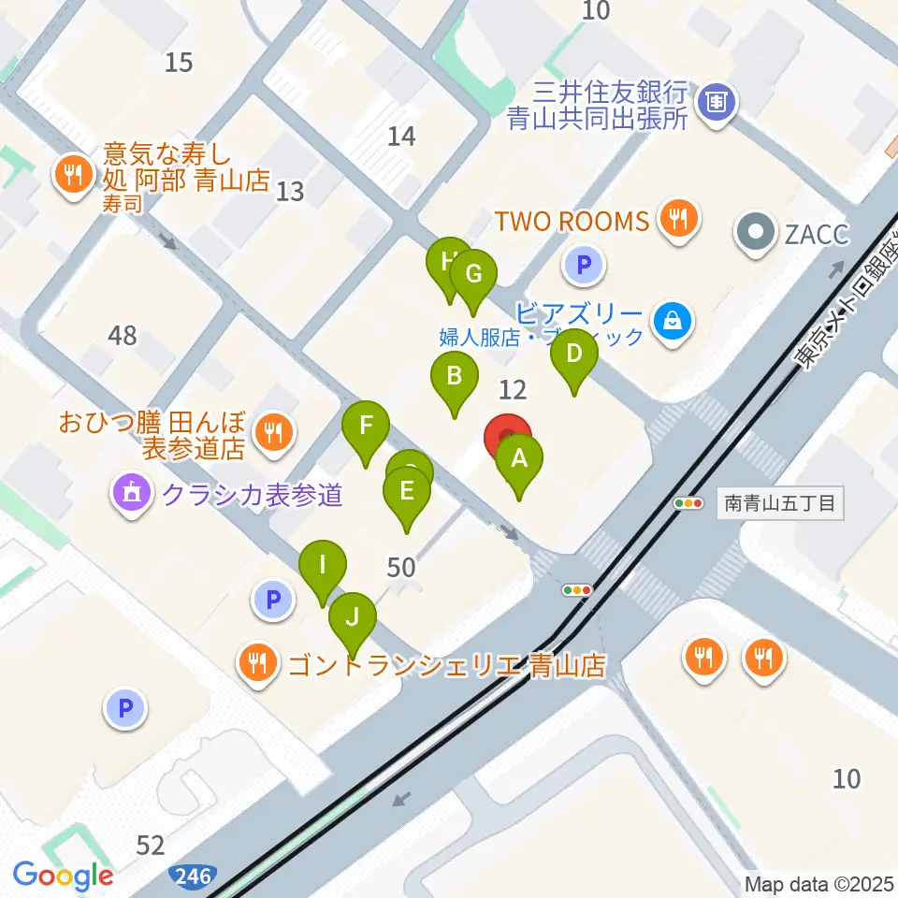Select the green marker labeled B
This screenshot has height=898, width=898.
pyautogui.click(x=454, y=378)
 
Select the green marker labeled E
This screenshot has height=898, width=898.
pyautogui.click(x=406, y=492)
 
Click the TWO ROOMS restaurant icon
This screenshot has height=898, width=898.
pyautogui.click(x=676, y=220)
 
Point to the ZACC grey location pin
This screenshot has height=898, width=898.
pyautogui.click(x=754, y=231)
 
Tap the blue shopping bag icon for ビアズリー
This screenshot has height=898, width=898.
pyautogui.click(x=673, y=321)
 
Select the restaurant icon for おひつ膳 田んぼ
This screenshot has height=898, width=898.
pyautogui.click(x=273, y=431)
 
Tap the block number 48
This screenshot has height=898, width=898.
pyautogui.click(x=122, y=335)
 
